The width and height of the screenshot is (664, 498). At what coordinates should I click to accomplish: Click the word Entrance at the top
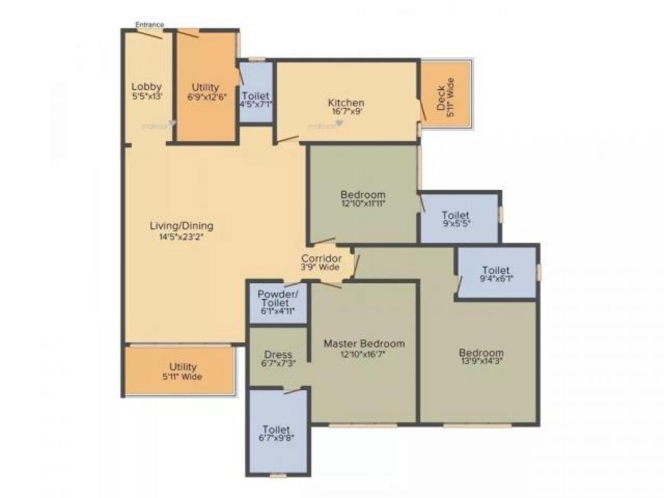pos(150,24)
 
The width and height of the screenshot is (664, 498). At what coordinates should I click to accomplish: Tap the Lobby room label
pos(147,87)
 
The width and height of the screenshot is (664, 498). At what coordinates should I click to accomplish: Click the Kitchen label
pos(346,102)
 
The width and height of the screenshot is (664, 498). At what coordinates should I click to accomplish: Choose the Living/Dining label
pos(181,226)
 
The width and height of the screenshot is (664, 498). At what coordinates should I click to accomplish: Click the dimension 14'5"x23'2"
pos(181,237)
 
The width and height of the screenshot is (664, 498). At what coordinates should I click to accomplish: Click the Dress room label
pos(278,355)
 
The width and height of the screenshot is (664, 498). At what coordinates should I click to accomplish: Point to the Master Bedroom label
pos(364,344)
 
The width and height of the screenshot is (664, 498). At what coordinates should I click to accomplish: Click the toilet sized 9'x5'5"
pos(455,219)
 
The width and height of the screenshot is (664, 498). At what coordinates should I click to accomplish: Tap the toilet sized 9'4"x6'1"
pos(496,274)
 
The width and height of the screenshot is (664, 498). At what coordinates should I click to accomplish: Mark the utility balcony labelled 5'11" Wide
pos(183,371)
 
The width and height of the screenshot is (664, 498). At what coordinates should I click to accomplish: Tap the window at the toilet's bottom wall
pos(278,475)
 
